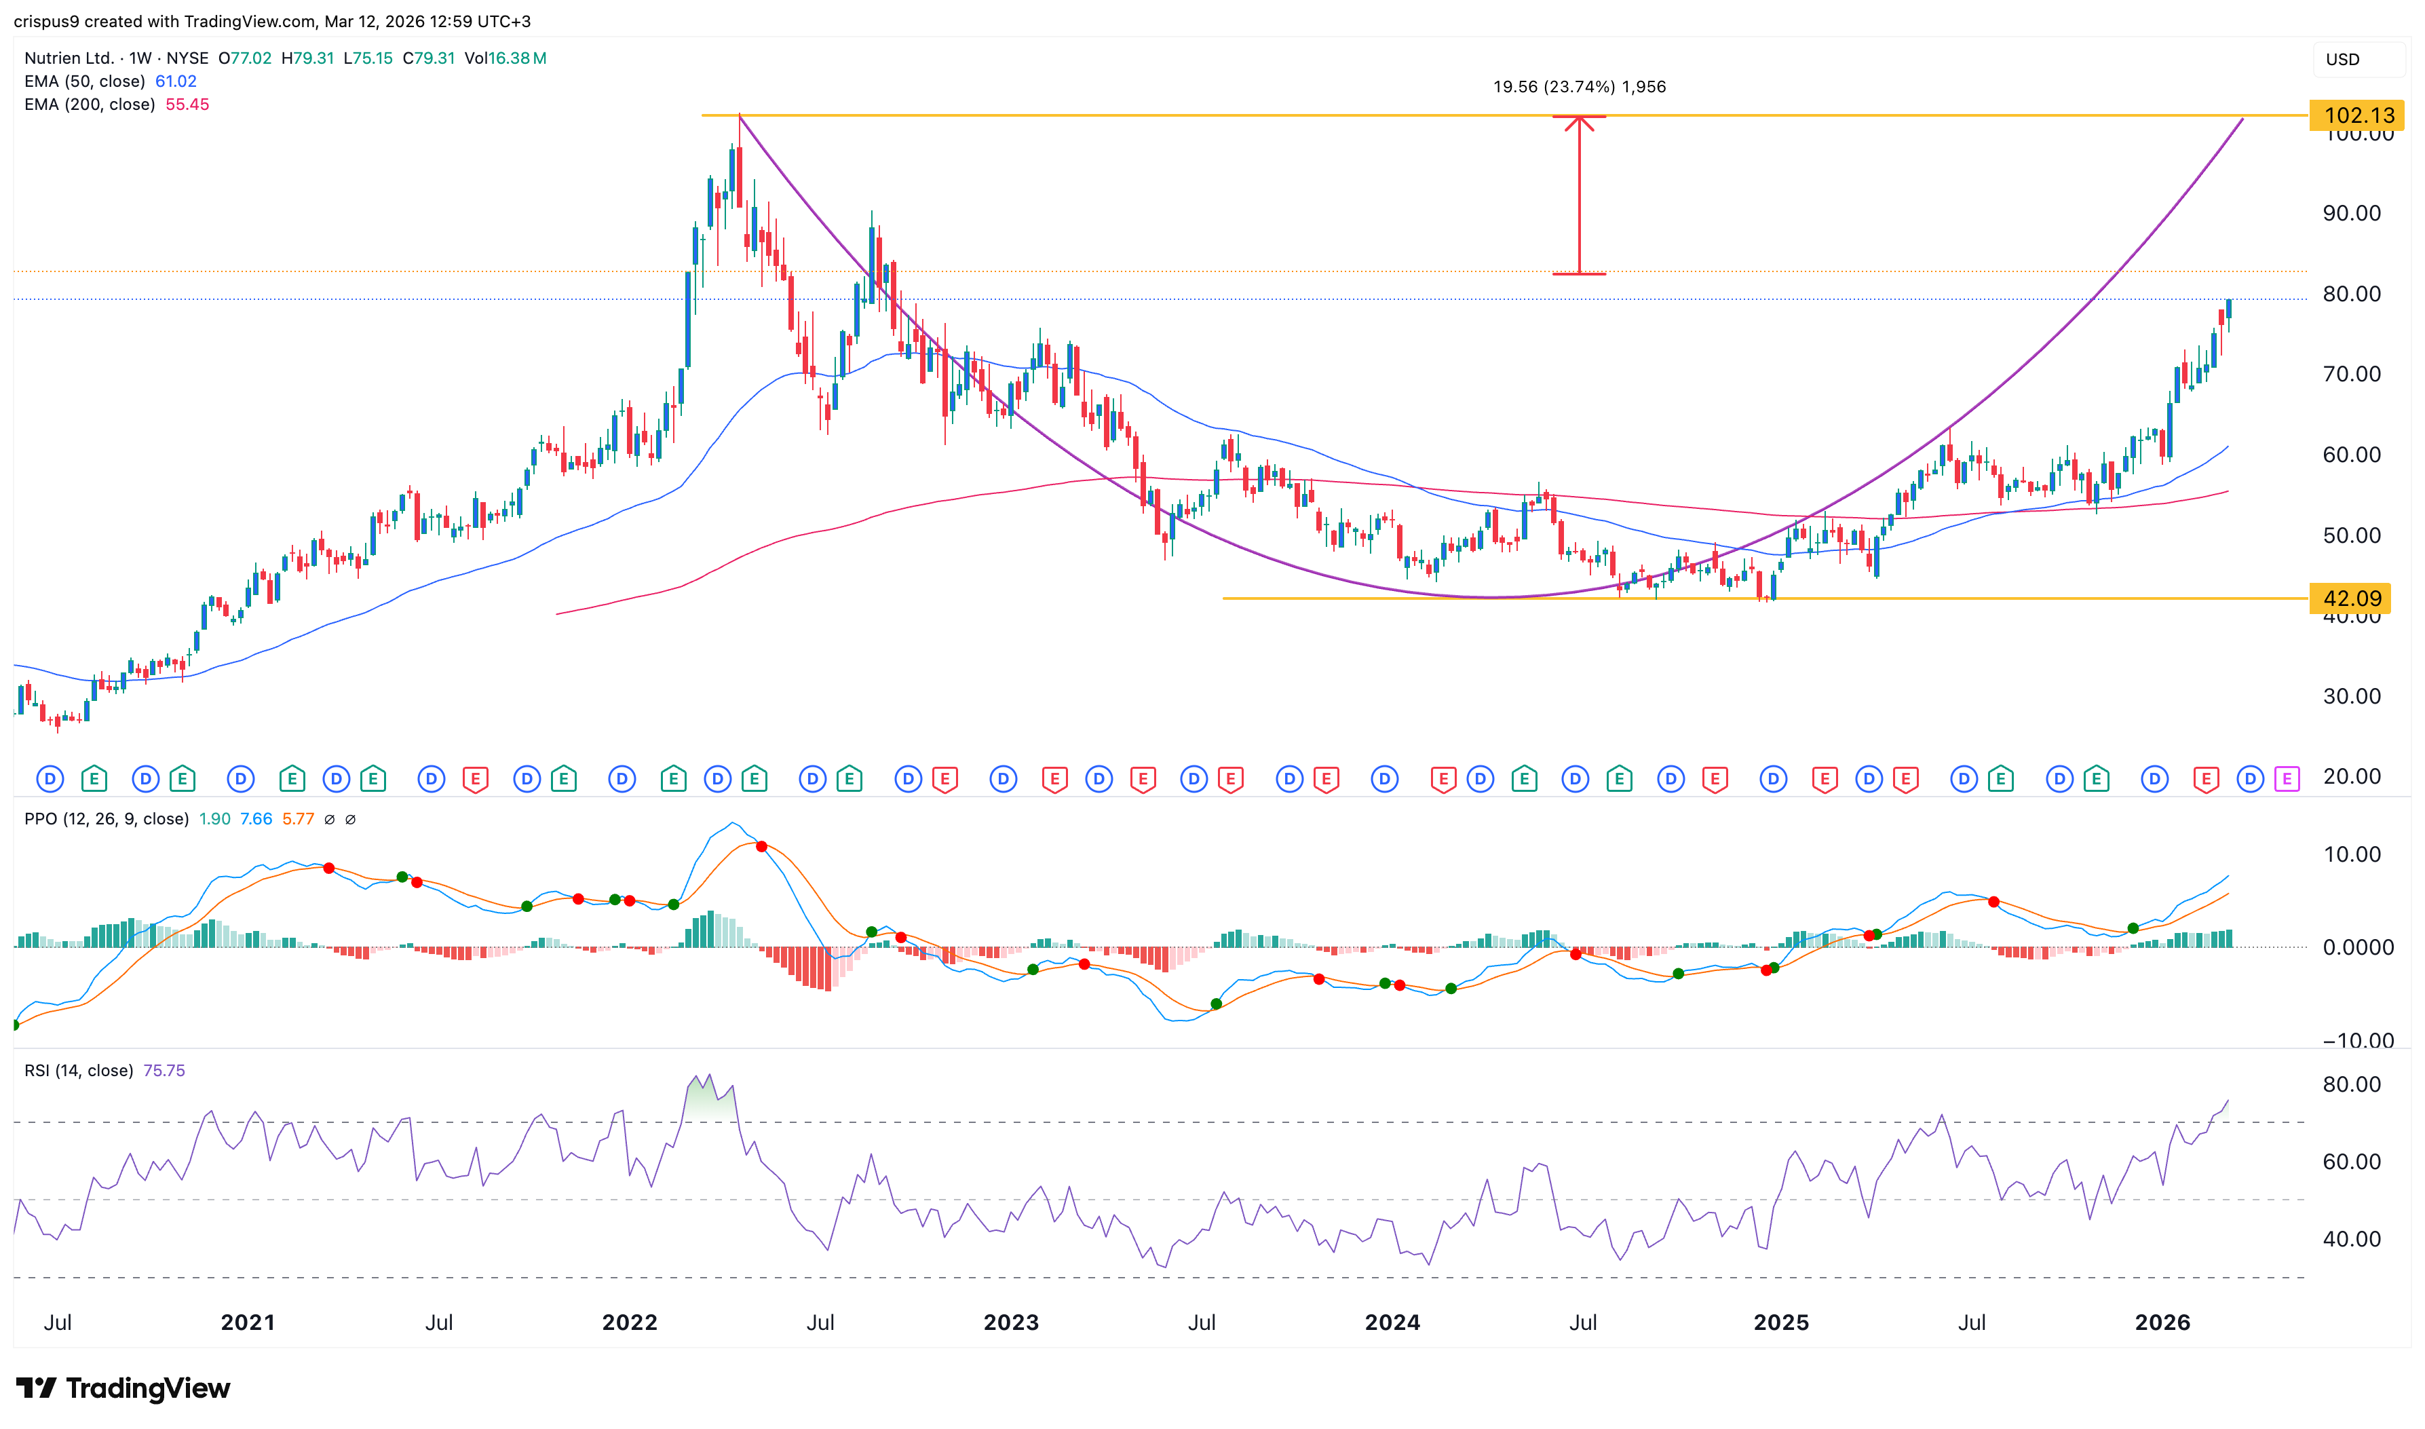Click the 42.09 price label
coord(2351,599)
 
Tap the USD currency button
coord(2342,60)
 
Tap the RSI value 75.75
coord(164,1071)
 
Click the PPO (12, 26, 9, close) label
coord(106,820)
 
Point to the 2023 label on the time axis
coord(1011,1323)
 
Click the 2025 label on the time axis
coord(1781,1323)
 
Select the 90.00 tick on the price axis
coord(2351,214)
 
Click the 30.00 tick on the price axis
coord(2351,696)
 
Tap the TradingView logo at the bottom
coord(123,1388)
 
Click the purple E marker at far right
coord(2287,779)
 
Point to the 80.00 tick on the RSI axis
coord(2351,1085)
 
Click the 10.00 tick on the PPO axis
coord(2351,855)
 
